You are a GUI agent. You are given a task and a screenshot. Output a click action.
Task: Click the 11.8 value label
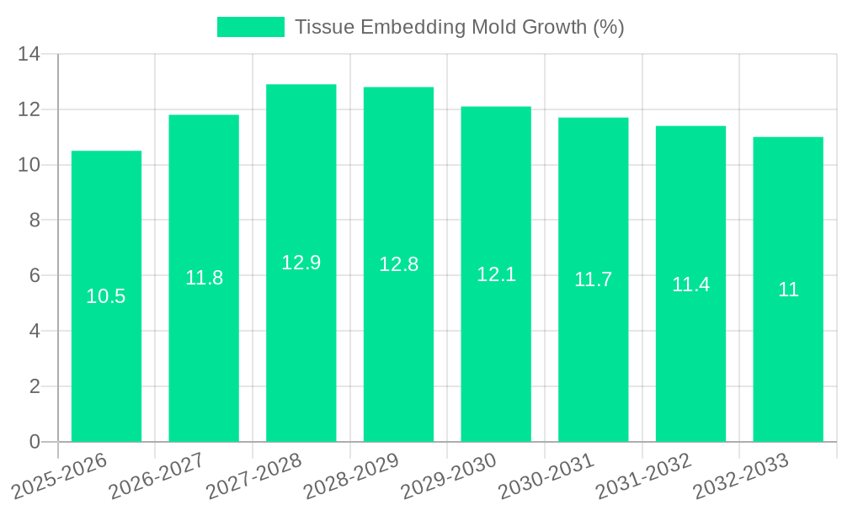tap(204, 278)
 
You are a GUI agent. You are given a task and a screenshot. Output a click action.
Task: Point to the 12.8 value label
tap(398, 264)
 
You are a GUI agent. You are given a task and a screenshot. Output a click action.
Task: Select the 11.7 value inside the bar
tap(593, 279)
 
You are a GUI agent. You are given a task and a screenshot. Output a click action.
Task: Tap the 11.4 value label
tap(690, 284)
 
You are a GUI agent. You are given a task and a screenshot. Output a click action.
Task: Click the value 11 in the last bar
tap(788, 290)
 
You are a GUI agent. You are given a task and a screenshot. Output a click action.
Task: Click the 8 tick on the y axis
tap(35, 221)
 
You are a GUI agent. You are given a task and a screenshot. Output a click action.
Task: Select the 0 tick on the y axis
tap(35, 442)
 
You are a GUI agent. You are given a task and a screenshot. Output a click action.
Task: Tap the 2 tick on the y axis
tap(35, 386)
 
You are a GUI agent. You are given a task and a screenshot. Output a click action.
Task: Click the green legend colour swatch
tap(251, 27)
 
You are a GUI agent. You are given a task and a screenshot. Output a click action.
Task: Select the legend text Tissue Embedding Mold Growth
tap(459, 27)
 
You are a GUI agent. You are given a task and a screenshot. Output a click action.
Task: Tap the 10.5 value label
tap(106, 296)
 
